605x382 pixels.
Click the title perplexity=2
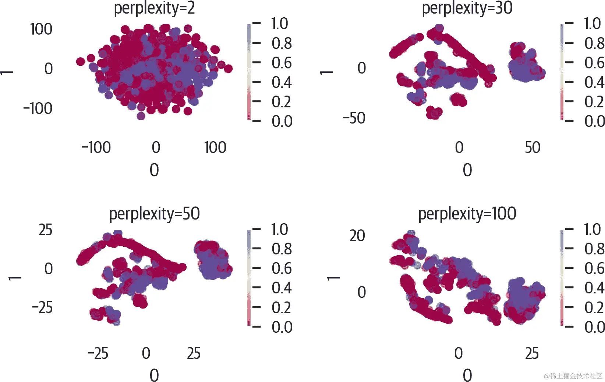click(154, 8)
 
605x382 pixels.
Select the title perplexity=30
click(467, 8)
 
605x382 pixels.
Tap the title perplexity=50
click(154, 214)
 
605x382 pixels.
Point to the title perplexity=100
click(467, 214)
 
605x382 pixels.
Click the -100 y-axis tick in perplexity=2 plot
click(38, 108)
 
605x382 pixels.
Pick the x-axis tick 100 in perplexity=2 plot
click(215, 147)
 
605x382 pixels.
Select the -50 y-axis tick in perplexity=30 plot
click(354, 118)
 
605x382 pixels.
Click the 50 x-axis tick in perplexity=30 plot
click(532, 147)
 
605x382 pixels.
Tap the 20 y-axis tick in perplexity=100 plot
click(357, 236)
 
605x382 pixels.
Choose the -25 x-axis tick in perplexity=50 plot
click(98, 353)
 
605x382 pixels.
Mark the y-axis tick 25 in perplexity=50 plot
click(45, 230)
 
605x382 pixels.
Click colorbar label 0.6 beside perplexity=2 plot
click(282, 63)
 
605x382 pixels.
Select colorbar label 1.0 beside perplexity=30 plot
click(592, 24)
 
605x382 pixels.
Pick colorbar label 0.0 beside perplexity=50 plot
click(282, 327)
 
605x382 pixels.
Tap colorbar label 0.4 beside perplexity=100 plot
click(594, 288)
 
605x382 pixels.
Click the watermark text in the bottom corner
click(573, 376)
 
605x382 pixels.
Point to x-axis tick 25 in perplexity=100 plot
click(532, 353)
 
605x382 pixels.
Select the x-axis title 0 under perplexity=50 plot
click(154, 375)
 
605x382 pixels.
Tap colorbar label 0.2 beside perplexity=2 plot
click(282, 102)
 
